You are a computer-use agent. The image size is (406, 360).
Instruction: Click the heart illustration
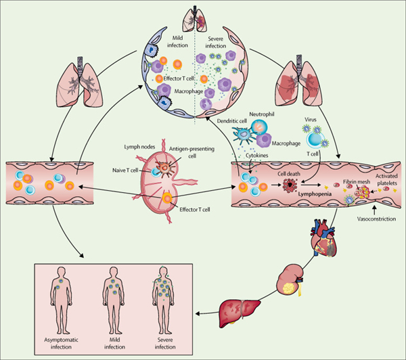[323, 238]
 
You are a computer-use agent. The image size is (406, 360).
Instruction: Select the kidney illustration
[290, 279]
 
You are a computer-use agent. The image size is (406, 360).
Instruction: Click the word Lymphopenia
[315, 194]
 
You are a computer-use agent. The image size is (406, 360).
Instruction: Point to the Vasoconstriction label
[376, 219]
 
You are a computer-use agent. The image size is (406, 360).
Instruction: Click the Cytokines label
[257, 156]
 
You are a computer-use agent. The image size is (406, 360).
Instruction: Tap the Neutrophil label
[262, 114]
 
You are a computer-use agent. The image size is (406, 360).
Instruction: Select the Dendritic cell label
[232, 121]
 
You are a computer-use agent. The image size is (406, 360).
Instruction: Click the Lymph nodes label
[139, 147]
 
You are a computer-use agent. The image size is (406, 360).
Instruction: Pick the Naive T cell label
[125, 170]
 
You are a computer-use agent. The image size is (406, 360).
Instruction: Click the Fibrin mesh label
[357, 182]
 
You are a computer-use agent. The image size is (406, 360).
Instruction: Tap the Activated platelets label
[386, 179]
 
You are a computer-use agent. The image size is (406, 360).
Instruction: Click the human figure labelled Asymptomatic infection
[61, 300]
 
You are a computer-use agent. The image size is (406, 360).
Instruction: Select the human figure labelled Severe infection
[163, 300]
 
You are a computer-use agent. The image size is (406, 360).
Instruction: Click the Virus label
[311, 120]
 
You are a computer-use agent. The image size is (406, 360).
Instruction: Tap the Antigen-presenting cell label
[192, 152]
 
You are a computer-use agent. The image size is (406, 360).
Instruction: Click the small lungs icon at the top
[195, 20]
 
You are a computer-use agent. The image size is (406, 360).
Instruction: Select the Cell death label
[289, 174]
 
